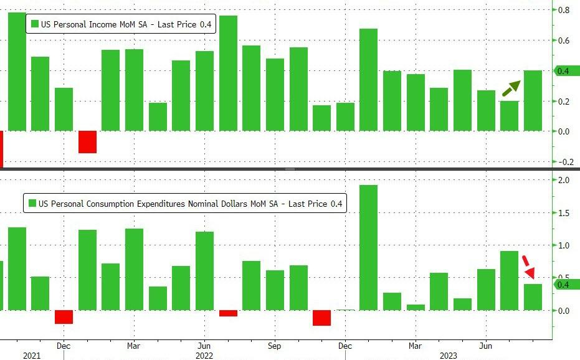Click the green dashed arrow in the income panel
pos(511,88)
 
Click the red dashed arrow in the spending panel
pos(528,267)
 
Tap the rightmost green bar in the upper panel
pos(533,100)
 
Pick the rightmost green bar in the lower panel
pos(533,297)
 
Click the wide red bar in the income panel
pos(87,142)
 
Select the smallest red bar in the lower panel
pos(229,313)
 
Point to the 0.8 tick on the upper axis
pos(563,10)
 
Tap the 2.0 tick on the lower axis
pos(563,181)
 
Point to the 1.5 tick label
pos(563,213)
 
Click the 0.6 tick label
pos(563,41)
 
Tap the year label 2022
pos(205,355)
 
